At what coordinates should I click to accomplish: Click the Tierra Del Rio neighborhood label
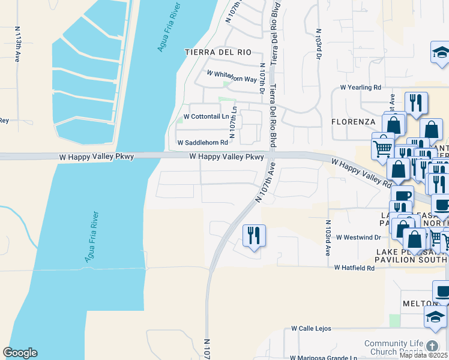pos(218,52)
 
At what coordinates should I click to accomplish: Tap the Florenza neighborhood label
pos(353,121)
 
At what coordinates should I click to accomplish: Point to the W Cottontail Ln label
pos(206,116)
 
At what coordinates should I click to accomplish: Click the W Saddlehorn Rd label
pos(203,143)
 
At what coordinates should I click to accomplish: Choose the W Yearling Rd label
pos(361,87)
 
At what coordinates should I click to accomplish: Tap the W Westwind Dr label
pos(358,238)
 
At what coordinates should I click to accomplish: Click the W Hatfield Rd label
pos(354,268)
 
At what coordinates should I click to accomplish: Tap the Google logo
pos(20,353)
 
